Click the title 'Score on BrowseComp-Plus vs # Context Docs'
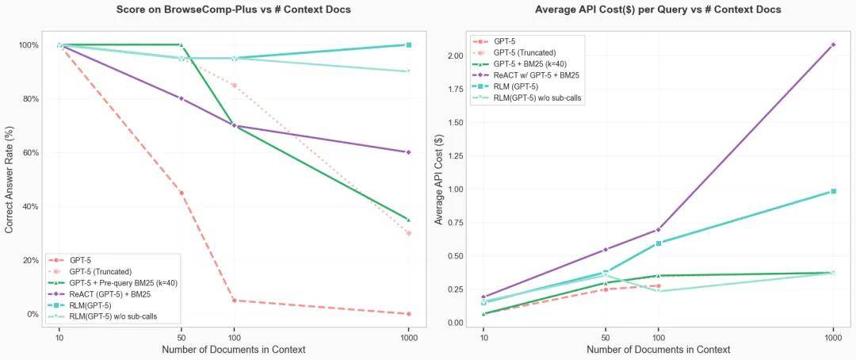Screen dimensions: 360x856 (x=233, y=10)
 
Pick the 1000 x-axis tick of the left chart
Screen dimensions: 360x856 (x=408, y=338)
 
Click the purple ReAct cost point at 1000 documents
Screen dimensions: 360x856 (x=833, y=44)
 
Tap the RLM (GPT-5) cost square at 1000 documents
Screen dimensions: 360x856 (x=833, y=191)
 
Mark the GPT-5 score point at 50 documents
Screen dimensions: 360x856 (x=182, y=193)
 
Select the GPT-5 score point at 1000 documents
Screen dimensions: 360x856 (x=408, y=314)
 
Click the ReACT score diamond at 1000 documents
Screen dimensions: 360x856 (x=408, y=151)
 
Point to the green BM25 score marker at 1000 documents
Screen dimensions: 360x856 (x=408, y=220)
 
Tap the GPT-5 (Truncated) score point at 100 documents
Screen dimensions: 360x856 (x=234, y=85)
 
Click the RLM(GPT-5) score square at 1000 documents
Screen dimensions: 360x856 (x=408, y=44)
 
